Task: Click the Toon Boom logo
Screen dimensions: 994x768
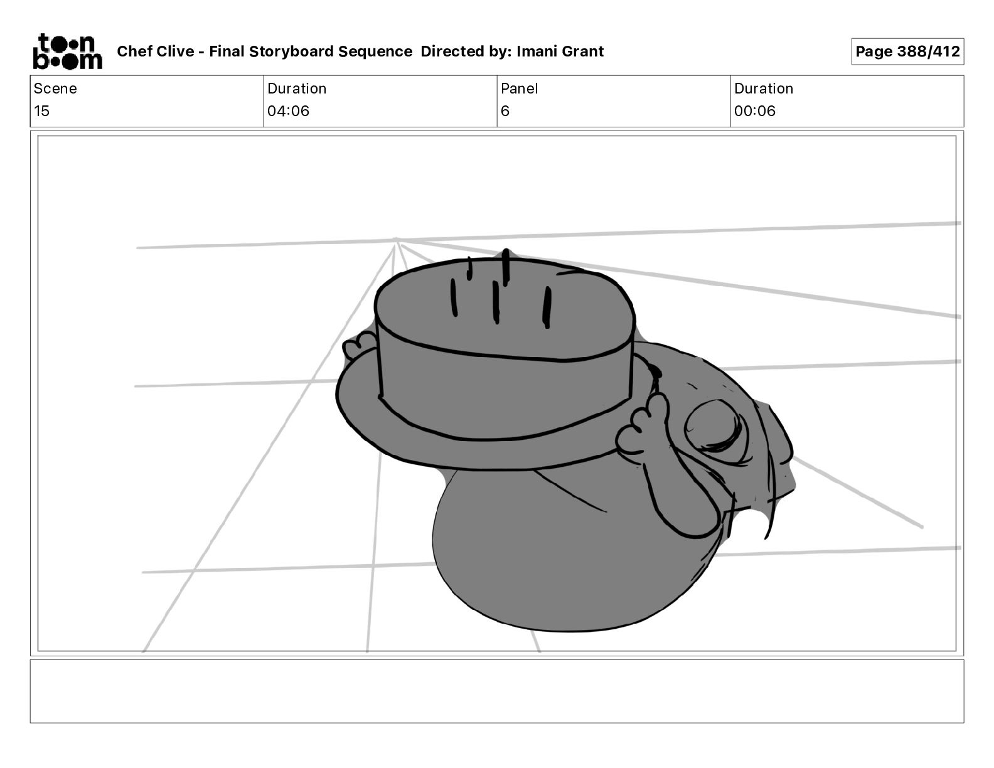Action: [68, 51]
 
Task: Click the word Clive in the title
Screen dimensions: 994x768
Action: [175, 51]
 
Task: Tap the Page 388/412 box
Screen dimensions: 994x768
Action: [907, 51]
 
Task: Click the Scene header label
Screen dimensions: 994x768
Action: [55, 88]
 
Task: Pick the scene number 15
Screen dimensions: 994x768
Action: [41, 110]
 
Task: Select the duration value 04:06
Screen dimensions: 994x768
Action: [288, 110]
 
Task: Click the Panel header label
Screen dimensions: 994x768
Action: [519, 88]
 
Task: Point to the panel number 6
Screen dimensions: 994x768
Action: [505, 110]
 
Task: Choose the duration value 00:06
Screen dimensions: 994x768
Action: [755, 110]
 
